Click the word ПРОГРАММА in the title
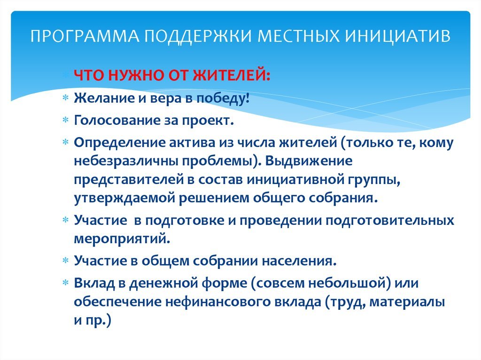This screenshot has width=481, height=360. pyautogui.click(x=85, y=36)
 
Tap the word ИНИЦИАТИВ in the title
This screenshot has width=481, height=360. pyautogui.click(x=398, y=36)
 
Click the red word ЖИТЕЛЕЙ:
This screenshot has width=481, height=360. pyautogui.click(x=232, y=76)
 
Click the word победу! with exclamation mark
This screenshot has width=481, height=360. pyautogui.click(x=223, y=99)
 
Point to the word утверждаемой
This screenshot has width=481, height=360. pyautogui.click(x=124, y=198)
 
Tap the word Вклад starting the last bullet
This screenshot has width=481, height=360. pyautogui.click(x=94, y=283)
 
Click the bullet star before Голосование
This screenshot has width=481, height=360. pyautogui.click(x=66, y=120)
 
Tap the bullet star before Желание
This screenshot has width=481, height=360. pyautogui.click(x=66, y=98)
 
